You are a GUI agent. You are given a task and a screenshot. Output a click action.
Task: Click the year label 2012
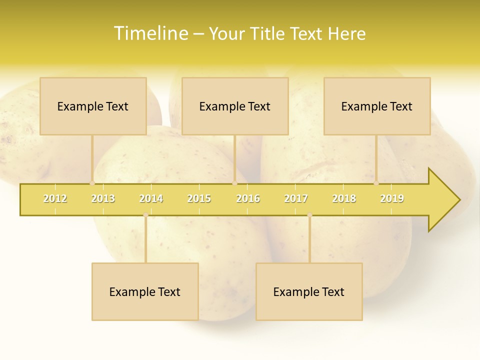click(55, 198)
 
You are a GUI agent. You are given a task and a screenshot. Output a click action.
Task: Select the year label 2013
click(103, 198)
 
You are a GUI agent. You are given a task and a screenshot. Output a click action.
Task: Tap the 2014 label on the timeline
click(151, 198)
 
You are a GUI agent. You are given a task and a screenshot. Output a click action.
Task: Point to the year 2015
click(199, 198)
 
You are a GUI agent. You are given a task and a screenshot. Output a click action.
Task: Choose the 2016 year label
click(248, 198)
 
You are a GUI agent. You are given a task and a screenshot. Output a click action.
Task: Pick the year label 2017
click(296, 198)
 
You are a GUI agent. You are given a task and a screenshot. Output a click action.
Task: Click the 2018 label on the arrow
click(344, 198)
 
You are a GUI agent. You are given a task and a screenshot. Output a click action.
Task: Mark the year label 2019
click(392, 198)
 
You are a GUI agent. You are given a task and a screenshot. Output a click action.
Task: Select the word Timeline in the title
click(150, 33)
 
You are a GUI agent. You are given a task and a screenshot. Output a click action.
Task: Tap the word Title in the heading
click(269, 33)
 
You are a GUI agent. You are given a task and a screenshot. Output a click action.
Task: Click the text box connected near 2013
click(93, 106)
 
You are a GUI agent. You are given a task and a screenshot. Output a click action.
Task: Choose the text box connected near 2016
click(235, 106)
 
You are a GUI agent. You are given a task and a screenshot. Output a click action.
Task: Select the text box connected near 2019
click(377, 106)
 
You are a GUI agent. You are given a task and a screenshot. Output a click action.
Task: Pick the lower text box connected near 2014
click(145, 291)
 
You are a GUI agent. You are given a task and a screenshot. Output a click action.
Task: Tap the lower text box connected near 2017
click(309, 291)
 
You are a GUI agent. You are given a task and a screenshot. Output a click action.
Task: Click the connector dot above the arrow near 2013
click(92, 183)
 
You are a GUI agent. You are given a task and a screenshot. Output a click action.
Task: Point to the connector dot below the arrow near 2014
click(145, 215)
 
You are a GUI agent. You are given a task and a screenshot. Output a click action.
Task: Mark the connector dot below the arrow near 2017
click(309, 215)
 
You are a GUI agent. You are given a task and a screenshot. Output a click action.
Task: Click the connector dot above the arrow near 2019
click(376, 183)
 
